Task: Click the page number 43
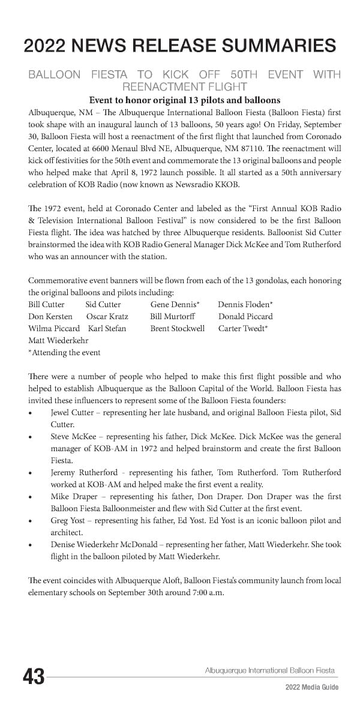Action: (x=34, y=676)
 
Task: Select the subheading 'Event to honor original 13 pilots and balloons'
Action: (x=184, y=100)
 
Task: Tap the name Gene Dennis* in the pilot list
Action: (x=175, y=304)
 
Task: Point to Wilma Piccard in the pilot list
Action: (x=54, y=328)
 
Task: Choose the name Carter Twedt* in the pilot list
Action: (x=243, y=328)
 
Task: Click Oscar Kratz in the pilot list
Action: (x=107, y=316)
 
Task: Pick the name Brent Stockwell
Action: (x=177, y=328)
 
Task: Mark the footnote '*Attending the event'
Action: (x=64, y=352)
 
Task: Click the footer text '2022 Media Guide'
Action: (x=311, y=687)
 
